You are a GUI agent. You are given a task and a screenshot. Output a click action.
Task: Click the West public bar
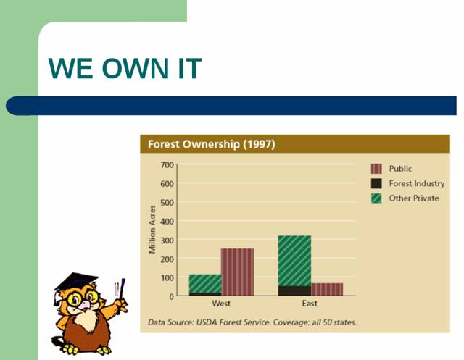point(238,272)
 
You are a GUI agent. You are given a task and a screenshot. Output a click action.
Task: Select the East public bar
point(327,289)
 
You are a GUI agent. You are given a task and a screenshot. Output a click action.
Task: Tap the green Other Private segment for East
point(295,261)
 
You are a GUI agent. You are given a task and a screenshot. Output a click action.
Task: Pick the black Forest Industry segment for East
point(295,291)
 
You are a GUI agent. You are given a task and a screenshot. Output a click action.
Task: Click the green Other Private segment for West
point(205,284)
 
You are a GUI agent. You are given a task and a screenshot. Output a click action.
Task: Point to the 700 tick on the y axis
point(167,164)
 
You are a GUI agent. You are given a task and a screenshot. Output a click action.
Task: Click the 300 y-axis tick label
point(167,240)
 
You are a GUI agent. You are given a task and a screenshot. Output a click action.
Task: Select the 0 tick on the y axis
point(171,296)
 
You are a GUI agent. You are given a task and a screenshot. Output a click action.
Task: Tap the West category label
point(221,304)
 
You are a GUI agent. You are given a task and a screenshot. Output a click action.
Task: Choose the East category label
point(310,304)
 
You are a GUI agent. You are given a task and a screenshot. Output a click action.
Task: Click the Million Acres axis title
point(152,230)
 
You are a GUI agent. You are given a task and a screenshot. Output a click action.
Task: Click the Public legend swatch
point(376,169)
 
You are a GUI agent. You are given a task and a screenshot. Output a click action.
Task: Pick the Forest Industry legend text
point(417,183)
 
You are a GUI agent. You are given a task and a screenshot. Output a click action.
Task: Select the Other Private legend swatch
point(376,198)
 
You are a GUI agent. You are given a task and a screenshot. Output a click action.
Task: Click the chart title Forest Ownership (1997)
point(212,144)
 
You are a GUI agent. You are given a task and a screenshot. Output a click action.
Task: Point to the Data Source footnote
point(252,322)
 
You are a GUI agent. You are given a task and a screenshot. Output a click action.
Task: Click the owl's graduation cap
point(75,282)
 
